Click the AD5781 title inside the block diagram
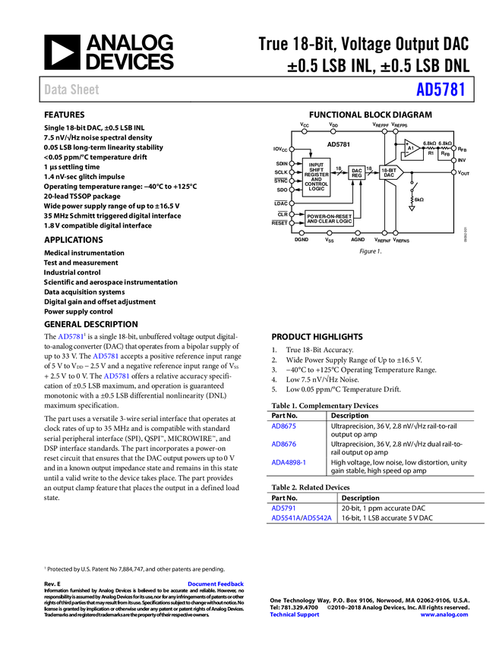[x=340, y=144]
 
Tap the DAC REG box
[x=357, y=174]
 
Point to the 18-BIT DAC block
[x=390, y=173]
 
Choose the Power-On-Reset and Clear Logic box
[x=330, y=218]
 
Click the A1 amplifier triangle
[x=411, y=148]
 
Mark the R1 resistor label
[x=430, y=153]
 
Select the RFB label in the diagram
[x=445, y=153]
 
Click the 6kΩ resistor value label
[x=419, y=200]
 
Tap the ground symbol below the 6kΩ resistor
[x=412, y=208]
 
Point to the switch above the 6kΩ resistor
[x=412, y=187]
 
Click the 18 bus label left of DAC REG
[x=338, y=168]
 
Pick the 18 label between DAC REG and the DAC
[x=369, y=168]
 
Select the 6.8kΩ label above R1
[x=429, y=143]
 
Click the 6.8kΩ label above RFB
[x=445, y=143]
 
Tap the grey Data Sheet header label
[x=72, y=90]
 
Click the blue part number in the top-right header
[x=440, y=90]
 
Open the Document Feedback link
[x=216, y=584]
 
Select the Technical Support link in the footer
[x=295, y=615]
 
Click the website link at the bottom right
[x=444, y=615]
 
